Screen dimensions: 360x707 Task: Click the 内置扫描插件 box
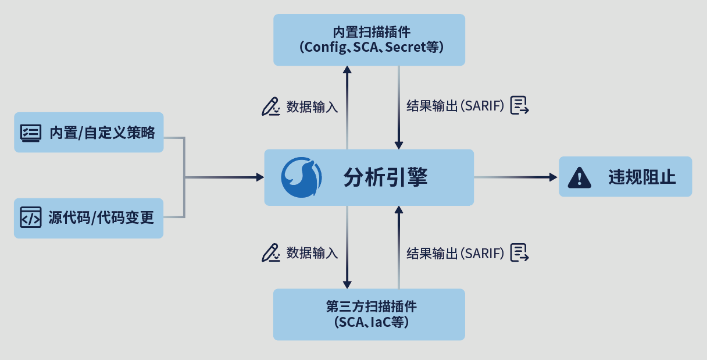[x=369, y=39]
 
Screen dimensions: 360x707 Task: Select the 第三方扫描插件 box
[x=369, y=314]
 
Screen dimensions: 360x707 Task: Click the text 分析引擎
[x=385, y=177]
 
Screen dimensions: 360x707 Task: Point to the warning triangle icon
[x=579, y=177]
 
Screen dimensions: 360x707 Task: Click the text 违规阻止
[x=642, y=177]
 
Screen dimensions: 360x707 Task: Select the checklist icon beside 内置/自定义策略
[x=31, y=133]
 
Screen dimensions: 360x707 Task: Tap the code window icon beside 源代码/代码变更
[x=31, y=218]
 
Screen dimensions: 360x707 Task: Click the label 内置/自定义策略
[x=102, y=133]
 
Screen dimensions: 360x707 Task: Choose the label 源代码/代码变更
[x=101, y=218]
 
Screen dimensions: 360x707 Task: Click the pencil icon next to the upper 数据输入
[x=270, y=106]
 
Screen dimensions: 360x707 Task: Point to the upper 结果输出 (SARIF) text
[x=455, y=106]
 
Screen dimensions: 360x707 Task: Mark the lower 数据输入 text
[x=312, y=253]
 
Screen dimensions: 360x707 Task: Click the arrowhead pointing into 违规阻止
[x=554, y=177]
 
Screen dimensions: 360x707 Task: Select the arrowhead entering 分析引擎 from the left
[x=260, y=177]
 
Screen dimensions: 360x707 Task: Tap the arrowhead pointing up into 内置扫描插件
[x=347, y=69]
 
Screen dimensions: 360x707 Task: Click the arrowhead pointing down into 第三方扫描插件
[x=347, y=284]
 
